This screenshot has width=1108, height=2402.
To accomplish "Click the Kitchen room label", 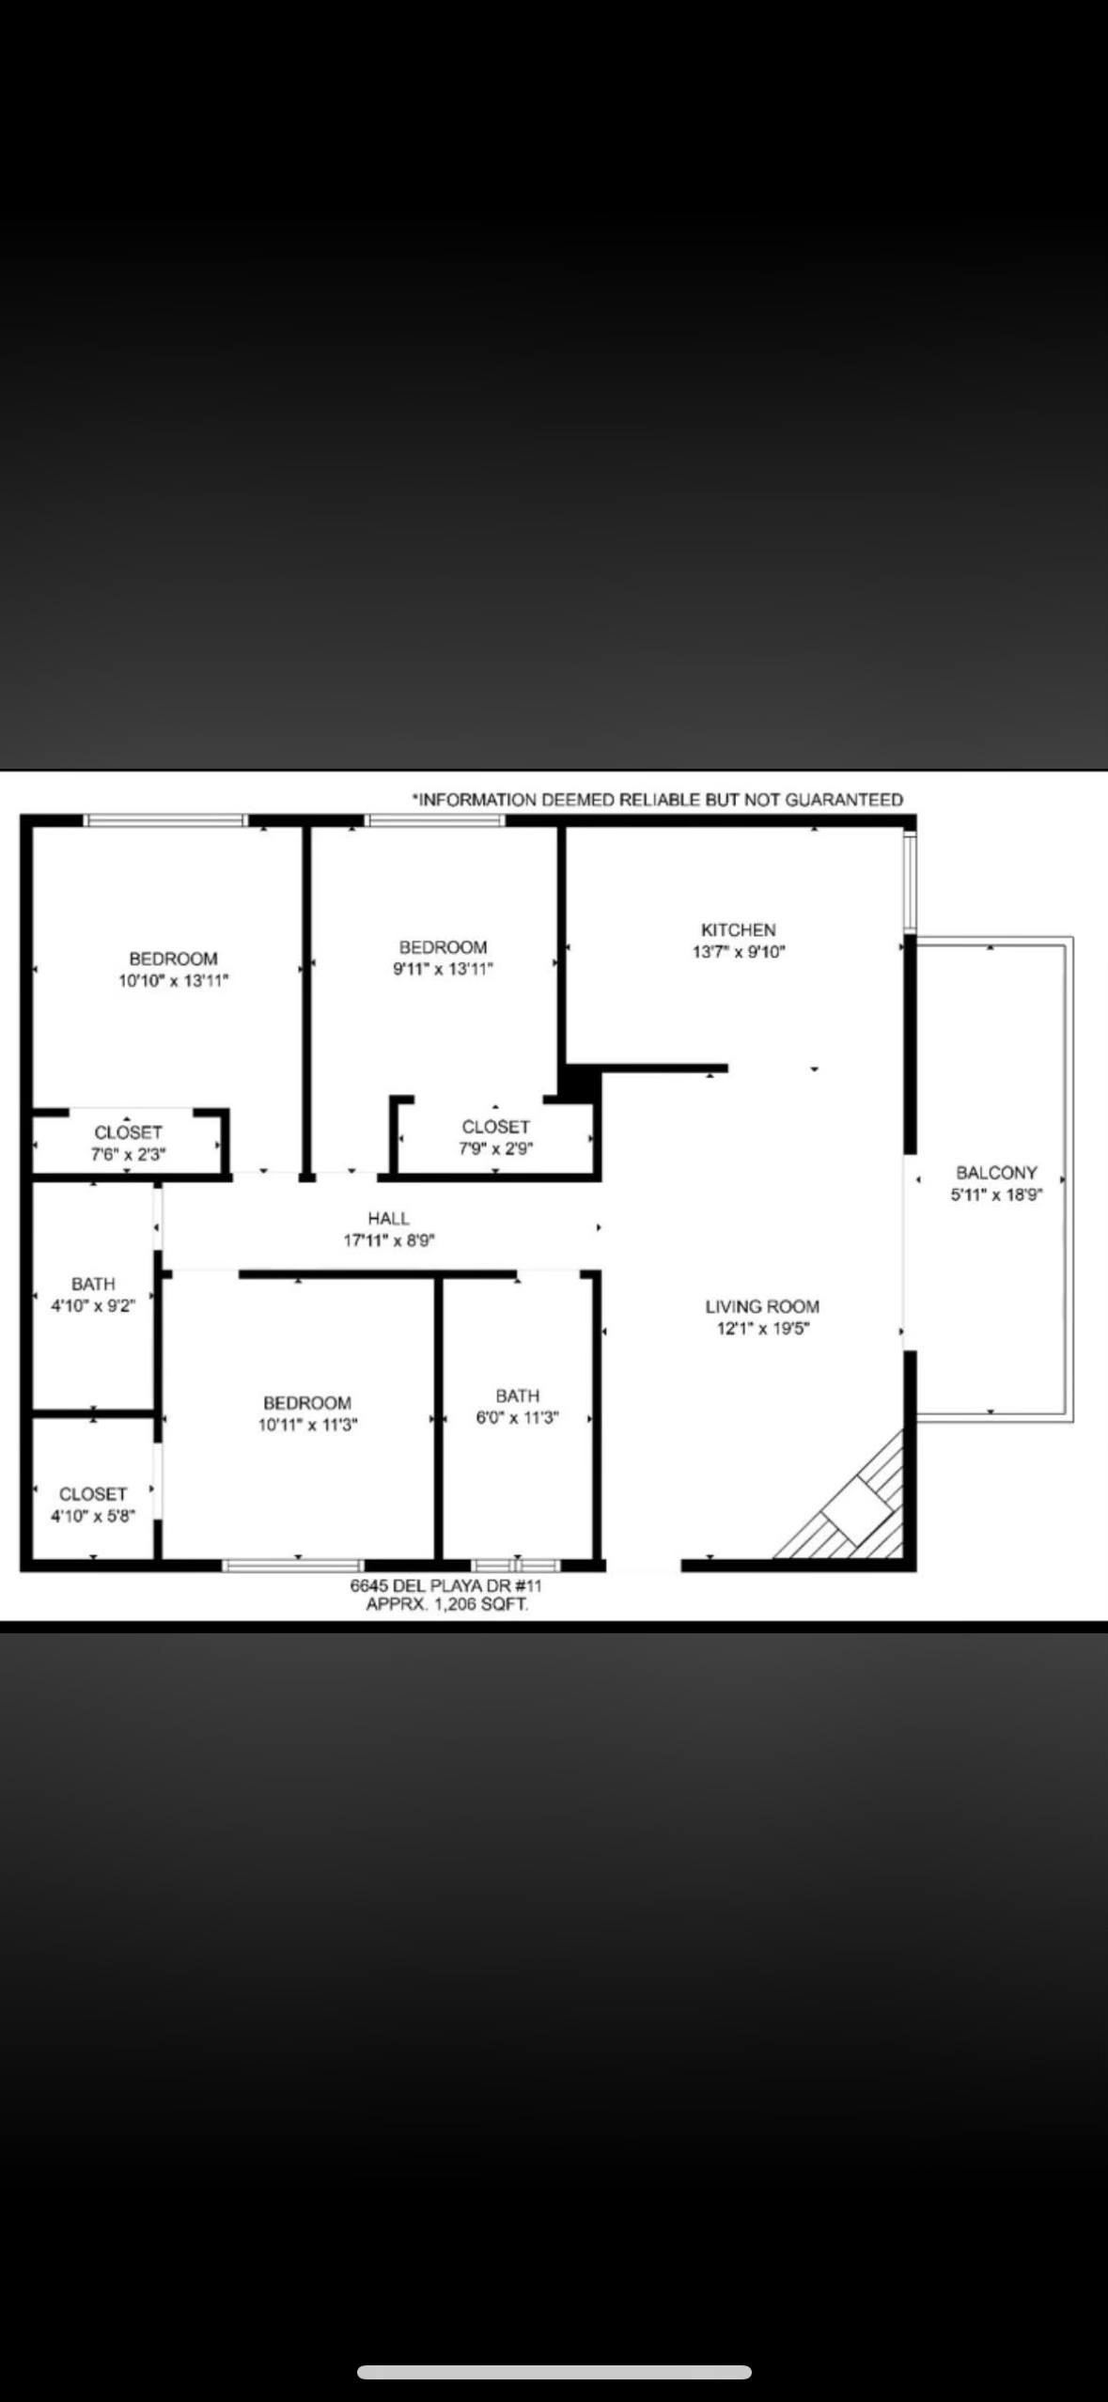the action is pos(739,929).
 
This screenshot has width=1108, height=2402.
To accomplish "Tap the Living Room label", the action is pos(762,1306).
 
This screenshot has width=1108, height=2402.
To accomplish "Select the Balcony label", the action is pos(996,1173).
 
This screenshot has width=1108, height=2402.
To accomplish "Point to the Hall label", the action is pos(388,1219).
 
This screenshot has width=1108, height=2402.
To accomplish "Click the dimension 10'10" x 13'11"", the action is pos(174,981).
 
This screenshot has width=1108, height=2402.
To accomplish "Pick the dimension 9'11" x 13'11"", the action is pos(443,970).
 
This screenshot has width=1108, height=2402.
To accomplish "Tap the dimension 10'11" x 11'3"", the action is pos(308,1425).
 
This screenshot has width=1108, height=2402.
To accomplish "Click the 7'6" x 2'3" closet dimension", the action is pos(129,1155).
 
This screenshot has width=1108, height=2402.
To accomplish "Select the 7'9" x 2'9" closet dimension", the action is pos(496,1148).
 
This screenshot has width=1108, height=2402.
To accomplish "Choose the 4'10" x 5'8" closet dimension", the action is pos(93,1516).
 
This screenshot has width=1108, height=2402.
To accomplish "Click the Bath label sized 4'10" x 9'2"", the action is pos(93,1284).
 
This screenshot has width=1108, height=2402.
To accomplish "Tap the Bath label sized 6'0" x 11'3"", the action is pos(518,1396).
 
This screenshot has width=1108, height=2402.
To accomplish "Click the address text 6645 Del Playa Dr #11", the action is pos(445,1585).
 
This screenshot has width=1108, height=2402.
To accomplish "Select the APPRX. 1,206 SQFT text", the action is pos(446,1604).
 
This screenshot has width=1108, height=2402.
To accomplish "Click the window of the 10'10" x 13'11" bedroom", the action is pos(165,820).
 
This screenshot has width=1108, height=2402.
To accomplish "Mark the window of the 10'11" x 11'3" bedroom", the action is pos(292,1566).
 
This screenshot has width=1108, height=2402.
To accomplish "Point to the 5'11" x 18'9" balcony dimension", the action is pos(996,1195).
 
